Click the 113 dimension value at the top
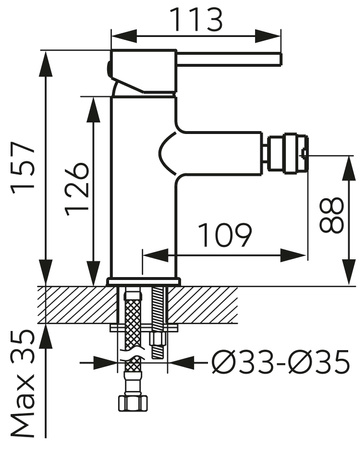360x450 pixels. click(x=196, y=19)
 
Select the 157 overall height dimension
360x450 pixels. click(x=23, y=168)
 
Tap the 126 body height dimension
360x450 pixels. click(x=77, y=189)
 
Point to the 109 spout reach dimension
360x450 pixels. click(x=224, y=235)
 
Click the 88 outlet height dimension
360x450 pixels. click(x=331, y=215)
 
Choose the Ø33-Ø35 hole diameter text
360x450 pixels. click(x=281, y=362)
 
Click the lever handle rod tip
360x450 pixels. click(x=280, y=59)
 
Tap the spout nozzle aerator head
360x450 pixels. click(x=287, y=154)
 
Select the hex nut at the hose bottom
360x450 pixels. click(x=133, y=403)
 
